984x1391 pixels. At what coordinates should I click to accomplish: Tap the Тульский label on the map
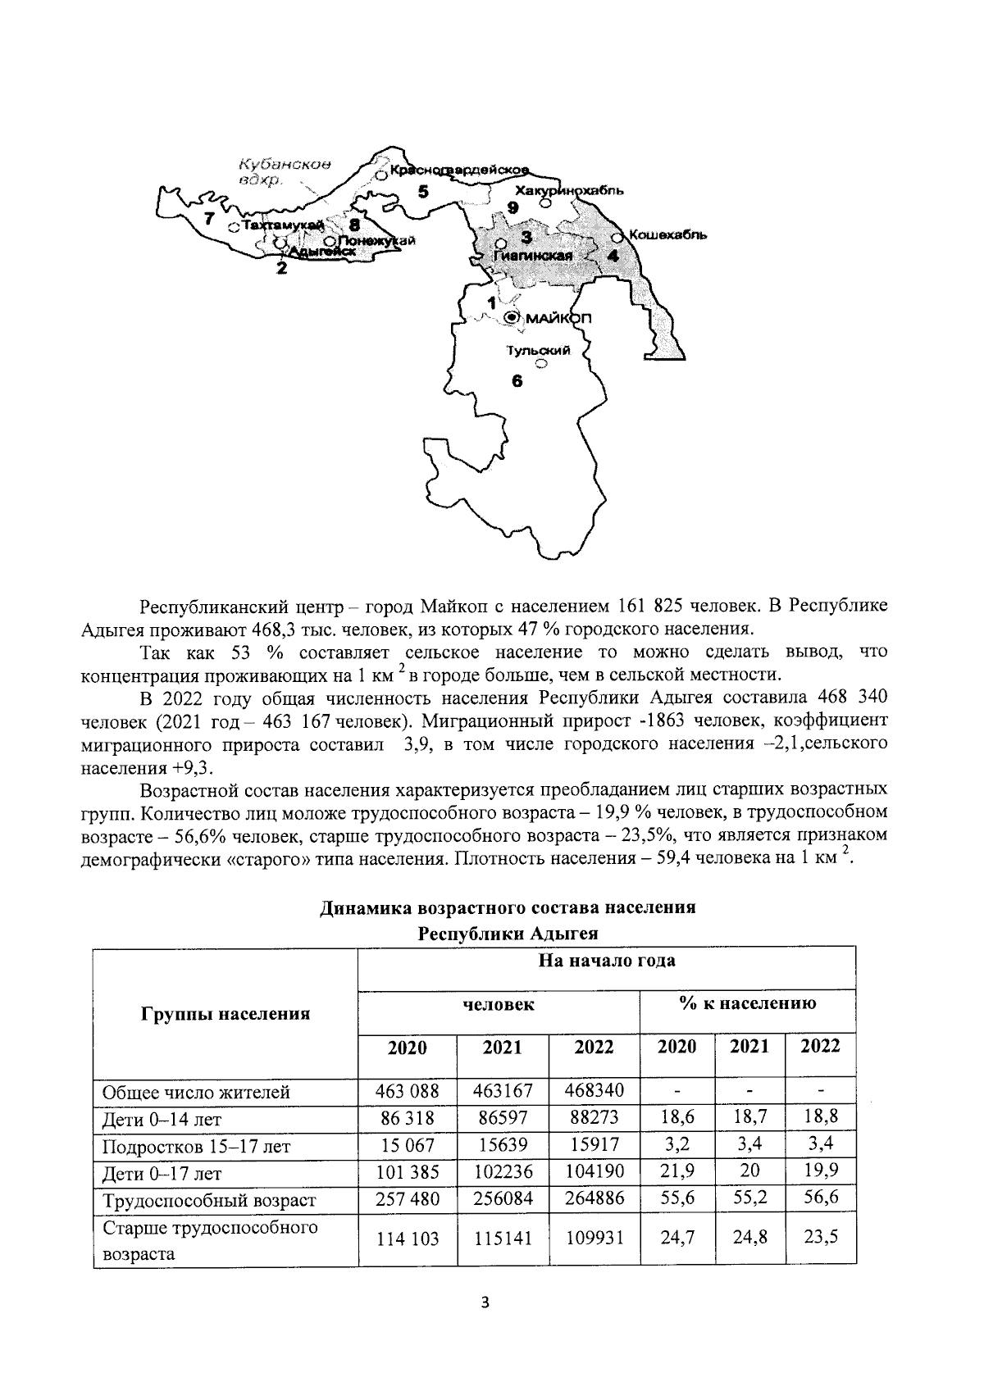point(537,350)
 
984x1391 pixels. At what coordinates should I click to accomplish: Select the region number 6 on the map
point(517,380)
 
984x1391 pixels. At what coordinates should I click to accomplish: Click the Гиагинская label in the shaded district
point(533,256)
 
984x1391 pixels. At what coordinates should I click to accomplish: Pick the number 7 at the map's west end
point(210,219)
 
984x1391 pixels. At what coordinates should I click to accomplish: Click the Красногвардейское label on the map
point(459,170)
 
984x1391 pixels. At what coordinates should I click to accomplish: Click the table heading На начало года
point(607,961)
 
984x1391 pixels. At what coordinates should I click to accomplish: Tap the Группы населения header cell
point(226,1014)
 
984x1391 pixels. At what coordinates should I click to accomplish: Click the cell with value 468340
point(594,1091)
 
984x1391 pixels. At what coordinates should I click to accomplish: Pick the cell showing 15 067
point(408,1145)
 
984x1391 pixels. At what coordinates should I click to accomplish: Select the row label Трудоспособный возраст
point(208,1201)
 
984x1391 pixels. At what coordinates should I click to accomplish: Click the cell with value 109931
point(594,1238)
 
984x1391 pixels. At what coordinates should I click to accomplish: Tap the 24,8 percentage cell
point(750,1238)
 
